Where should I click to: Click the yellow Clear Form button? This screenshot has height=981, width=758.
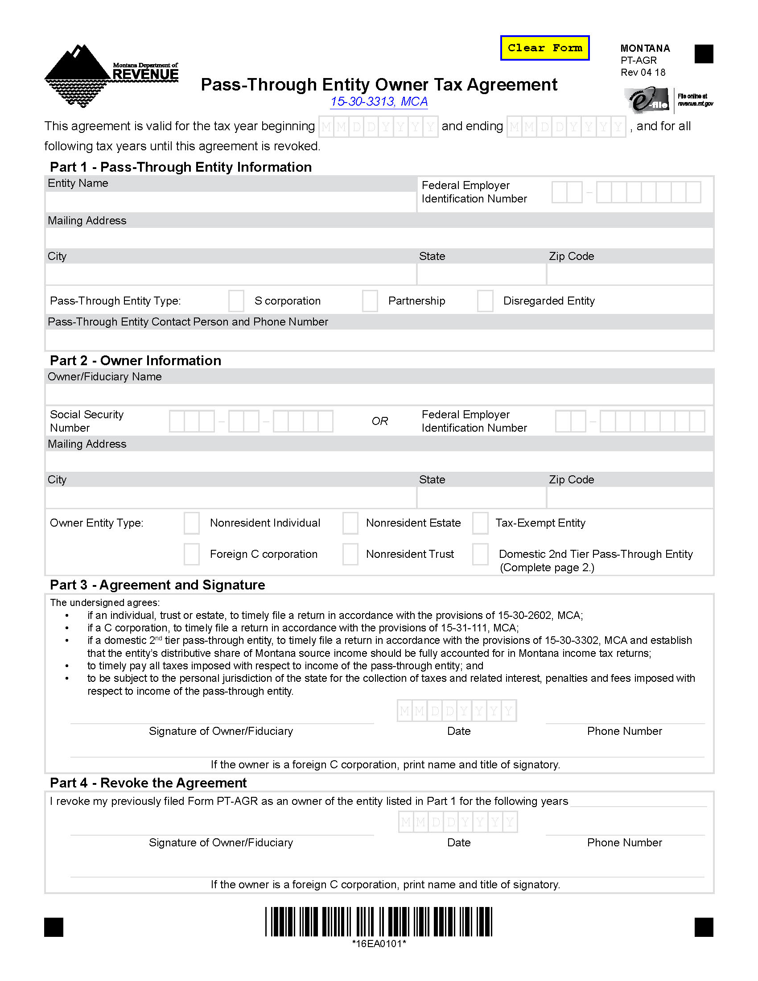click(544, 48)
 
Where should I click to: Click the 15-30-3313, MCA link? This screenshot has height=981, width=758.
click(379, 102)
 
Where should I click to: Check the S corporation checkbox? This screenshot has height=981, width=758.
click(236, 301)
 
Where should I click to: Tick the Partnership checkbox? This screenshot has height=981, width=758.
click(370, 301)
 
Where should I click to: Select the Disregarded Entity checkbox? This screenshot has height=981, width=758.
click(485, 301)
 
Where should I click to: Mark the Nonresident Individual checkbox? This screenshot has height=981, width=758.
click(192, 523)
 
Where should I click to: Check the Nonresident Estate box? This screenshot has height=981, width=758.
click(350, 523)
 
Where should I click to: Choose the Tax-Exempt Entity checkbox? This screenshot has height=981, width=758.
click(480, 523)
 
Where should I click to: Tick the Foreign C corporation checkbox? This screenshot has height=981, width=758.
click(192, 554)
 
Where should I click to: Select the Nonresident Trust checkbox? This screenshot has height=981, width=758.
click(350, 554)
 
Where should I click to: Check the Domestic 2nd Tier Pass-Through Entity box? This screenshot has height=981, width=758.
click(480, 554)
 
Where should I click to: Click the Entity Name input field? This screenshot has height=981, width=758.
click(231, 202)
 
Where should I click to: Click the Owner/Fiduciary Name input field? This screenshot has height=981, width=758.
click(379, 394)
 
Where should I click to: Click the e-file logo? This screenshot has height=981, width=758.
click(649, 100)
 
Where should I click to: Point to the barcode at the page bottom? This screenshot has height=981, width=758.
click(379, 922)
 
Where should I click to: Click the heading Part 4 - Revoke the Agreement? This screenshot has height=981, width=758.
click(148, 783)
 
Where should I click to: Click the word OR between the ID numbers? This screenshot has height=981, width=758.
click(379, 421)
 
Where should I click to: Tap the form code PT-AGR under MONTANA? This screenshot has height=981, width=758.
click(638, 60)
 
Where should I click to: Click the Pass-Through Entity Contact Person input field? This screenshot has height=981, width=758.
click(379, 340)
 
